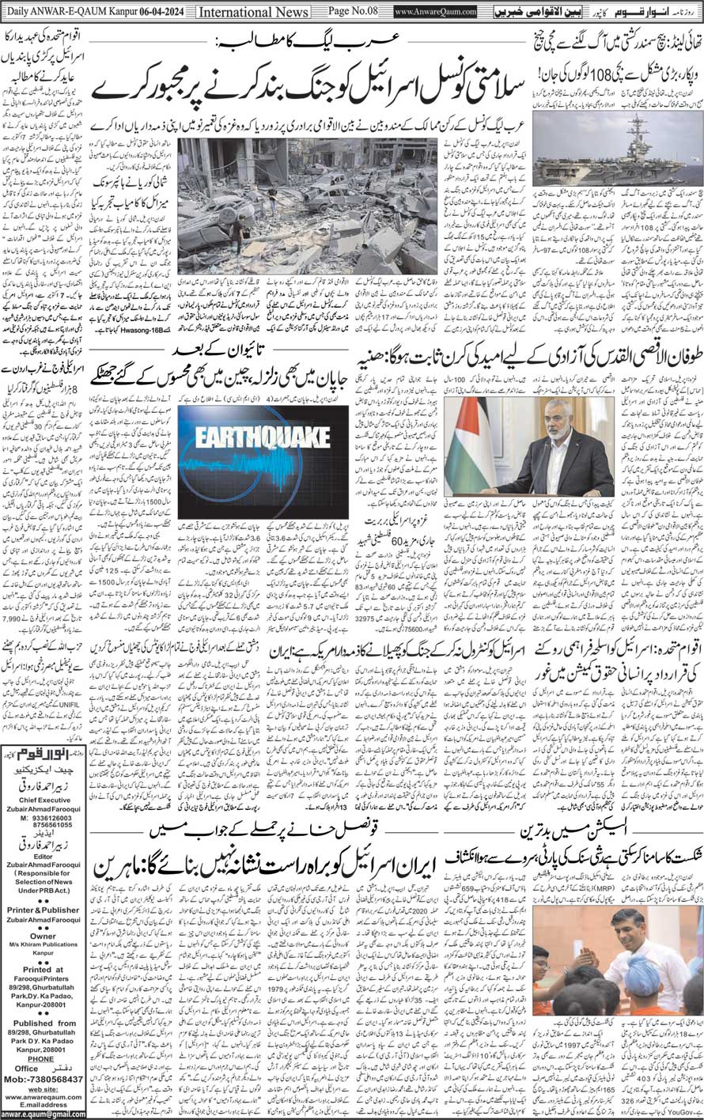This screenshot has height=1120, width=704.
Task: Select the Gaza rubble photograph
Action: (307, 206)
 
